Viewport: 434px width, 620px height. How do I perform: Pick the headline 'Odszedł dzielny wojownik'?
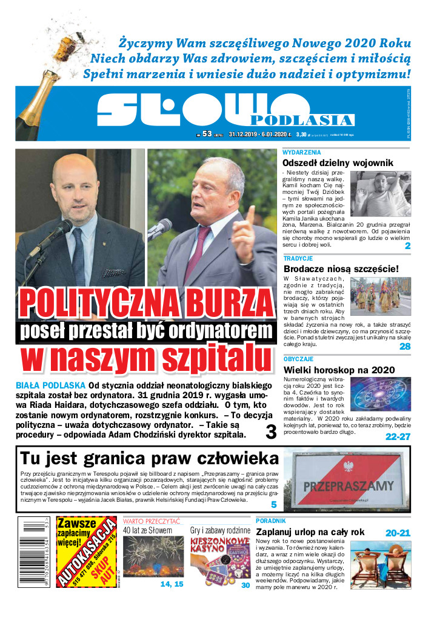pyautogui.click(x=338, y=162)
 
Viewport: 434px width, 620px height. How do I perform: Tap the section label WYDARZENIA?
pyautogui.click(x=302, y=152)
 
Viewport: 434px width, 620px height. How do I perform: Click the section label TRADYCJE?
pyautogui.click(x=298, y=258)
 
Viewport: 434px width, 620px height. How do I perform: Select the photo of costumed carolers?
pyautogui.click(x=380, y=295)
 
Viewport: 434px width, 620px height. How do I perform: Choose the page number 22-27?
pyautogui.click(x=398, y=436)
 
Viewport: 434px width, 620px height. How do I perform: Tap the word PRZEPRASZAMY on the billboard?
pyautogui.click(x=348, y=485)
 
